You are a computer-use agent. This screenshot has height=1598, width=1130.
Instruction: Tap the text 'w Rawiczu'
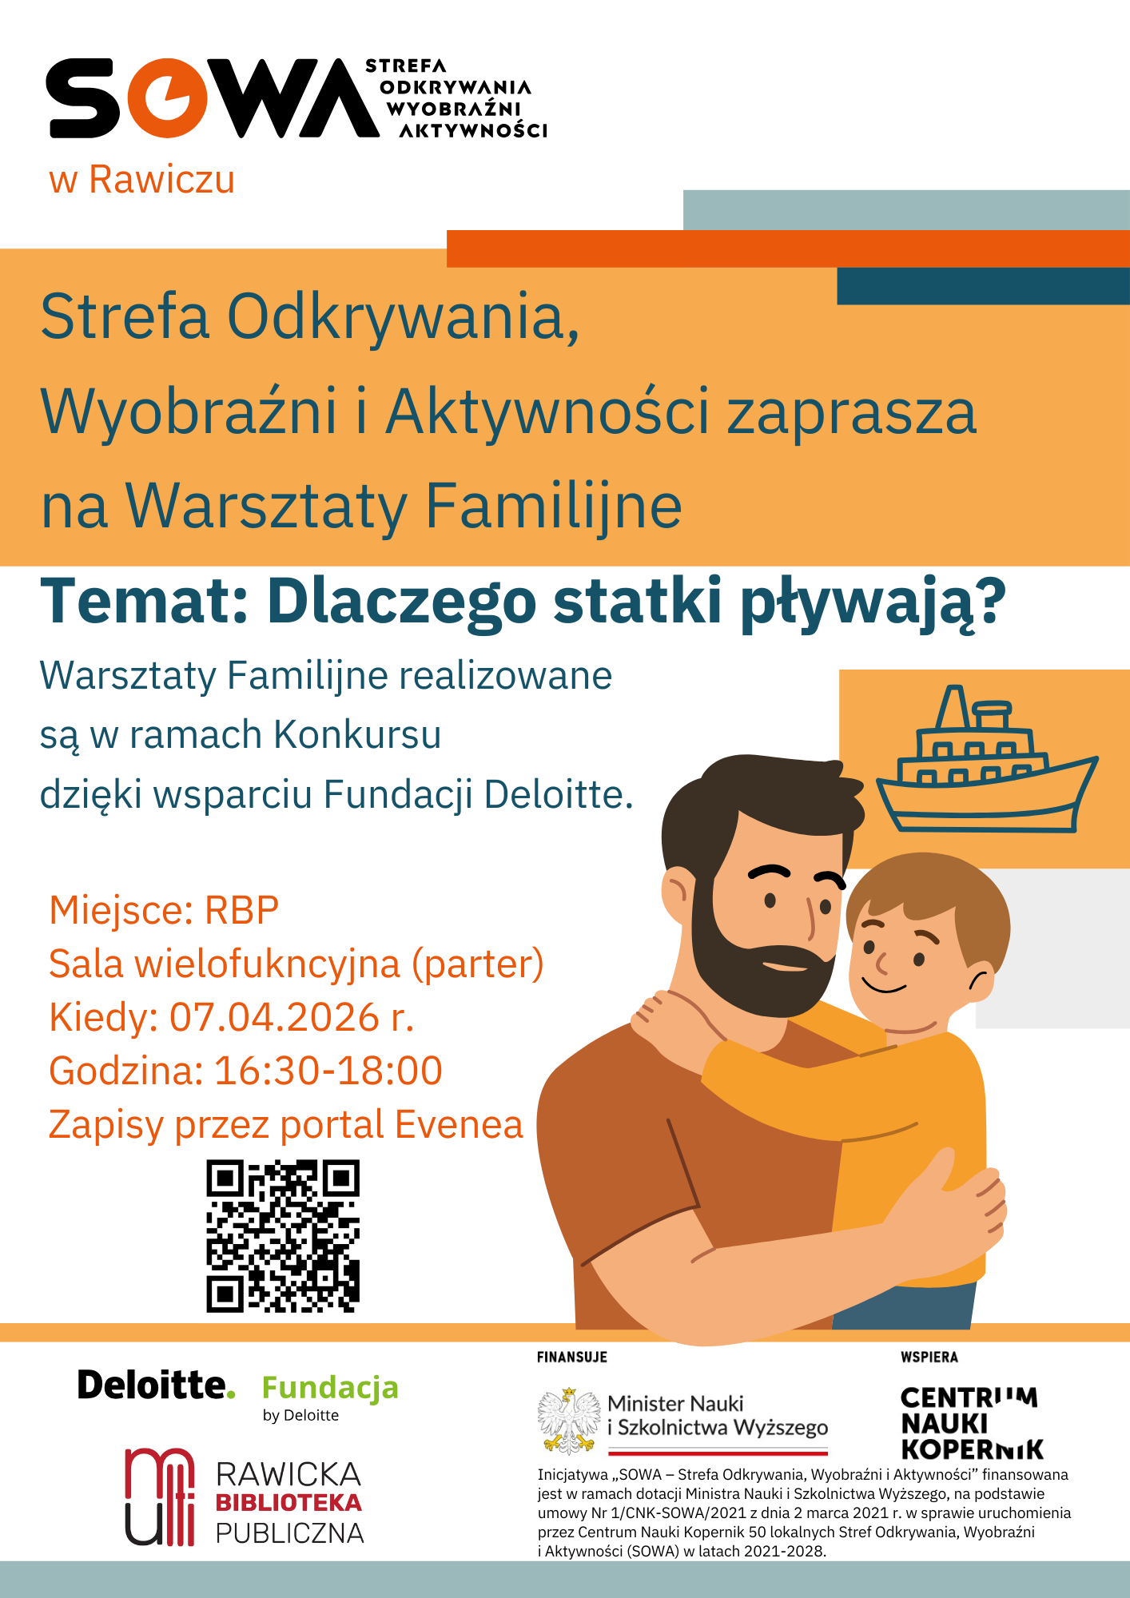pos(142,180)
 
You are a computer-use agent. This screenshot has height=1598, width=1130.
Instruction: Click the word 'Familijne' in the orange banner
pos(553,506)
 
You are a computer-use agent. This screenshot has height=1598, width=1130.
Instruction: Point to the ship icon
pos(987,759)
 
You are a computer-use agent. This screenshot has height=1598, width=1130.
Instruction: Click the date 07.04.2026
pos(274,1018)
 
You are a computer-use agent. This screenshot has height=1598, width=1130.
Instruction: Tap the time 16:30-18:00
pos(328,1071)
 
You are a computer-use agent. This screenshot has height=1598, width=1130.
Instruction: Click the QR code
pos(283,1236)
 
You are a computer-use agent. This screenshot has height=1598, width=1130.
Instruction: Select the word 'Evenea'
pos(459,1125)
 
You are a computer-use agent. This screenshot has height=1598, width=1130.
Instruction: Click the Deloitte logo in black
pos(157,1385)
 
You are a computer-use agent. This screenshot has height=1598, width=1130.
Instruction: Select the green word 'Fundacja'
pos(330,1389)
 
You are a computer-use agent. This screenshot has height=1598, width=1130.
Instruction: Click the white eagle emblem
pos(569,1421)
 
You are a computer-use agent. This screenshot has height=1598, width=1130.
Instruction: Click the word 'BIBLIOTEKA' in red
pos(288,1503)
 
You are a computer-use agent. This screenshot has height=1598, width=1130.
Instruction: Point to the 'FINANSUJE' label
pos(572,1357)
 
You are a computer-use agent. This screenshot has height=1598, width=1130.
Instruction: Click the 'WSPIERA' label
pos(929,1357)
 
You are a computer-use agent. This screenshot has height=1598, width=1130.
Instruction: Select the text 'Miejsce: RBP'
pos(164,911)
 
